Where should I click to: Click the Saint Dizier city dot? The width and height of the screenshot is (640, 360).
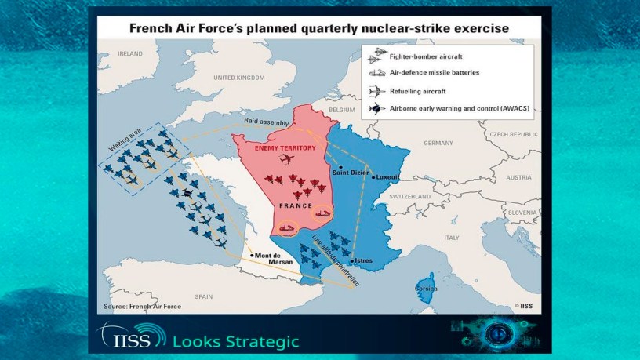340,167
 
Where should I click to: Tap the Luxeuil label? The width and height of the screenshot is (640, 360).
387,177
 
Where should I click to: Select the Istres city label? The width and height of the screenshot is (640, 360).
363,260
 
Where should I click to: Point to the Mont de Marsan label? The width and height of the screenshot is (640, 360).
274,258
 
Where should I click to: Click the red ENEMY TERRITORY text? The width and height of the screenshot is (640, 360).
285,147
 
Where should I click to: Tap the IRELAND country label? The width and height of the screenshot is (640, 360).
129,53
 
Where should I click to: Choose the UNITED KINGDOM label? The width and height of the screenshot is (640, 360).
239,78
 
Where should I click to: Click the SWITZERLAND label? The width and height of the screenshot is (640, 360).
409,196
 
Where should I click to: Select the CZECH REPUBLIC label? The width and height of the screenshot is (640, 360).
514,134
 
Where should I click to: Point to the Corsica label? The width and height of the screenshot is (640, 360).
426,289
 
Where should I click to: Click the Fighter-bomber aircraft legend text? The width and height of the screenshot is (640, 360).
426,56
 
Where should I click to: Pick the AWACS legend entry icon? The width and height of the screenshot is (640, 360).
376,108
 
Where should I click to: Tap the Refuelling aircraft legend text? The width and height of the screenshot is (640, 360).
417,92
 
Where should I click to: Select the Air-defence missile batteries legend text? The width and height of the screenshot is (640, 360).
435,73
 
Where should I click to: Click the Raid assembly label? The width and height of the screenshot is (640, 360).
266,122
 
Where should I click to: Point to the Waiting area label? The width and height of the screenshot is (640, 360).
125,140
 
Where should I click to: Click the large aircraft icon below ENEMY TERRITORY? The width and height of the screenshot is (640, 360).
287,158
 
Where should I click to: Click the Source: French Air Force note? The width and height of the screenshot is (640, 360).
143,306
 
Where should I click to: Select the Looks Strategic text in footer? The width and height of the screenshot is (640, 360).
236,342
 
